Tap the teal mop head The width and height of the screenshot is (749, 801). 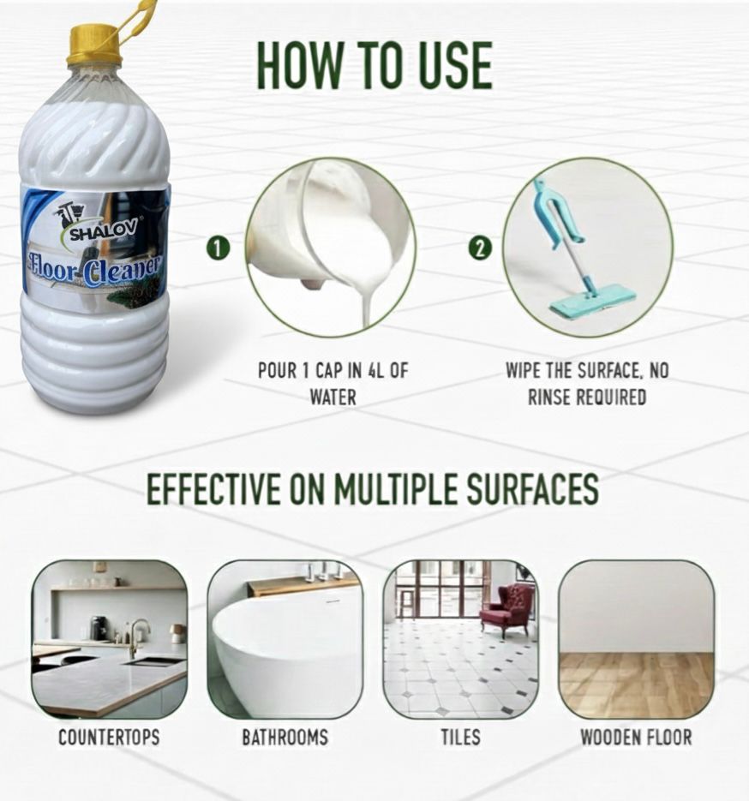(x=593, y=305)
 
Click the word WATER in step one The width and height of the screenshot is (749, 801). (x=333, y=397)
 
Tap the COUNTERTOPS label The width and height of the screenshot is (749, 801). (x=109, y=738)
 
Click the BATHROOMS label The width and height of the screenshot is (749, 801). (x=285, y=738)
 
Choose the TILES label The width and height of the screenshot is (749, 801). (x=461, y=738)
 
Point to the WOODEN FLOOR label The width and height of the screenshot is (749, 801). (x=636, y=738)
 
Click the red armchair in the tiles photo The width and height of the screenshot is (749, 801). (x=506, y=609)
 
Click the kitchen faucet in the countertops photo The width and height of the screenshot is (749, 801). (x=137, y=636)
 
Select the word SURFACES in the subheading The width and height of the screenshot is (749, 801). (x=533, y=489)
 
